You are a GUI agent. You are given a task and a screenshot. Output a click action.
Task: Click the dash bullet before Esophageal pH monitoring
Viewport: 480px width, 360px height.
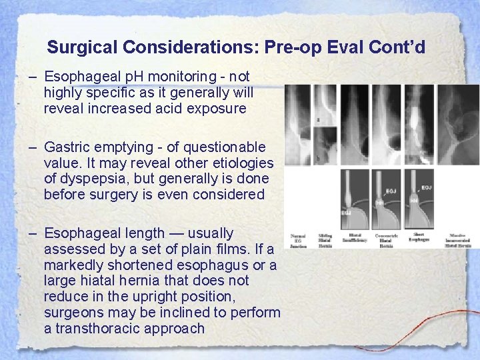[x=32, y=77]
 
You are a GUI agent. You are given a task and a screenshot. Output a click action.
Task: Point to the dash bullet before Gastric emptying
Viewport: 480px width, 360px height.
[x=32, y=147]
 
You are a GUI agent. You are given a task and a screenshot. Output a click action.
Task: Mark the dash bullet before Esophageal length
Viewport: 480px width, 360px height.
[x=32, y=233]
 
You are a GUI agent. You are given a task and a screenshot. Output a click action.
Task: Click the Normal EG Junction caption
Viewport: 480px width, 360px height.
[x=298, y=241]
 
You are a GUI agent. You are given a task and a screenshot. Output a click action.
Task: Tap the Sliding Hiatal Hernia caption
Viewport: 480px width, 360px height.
[x=325, y=241]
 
